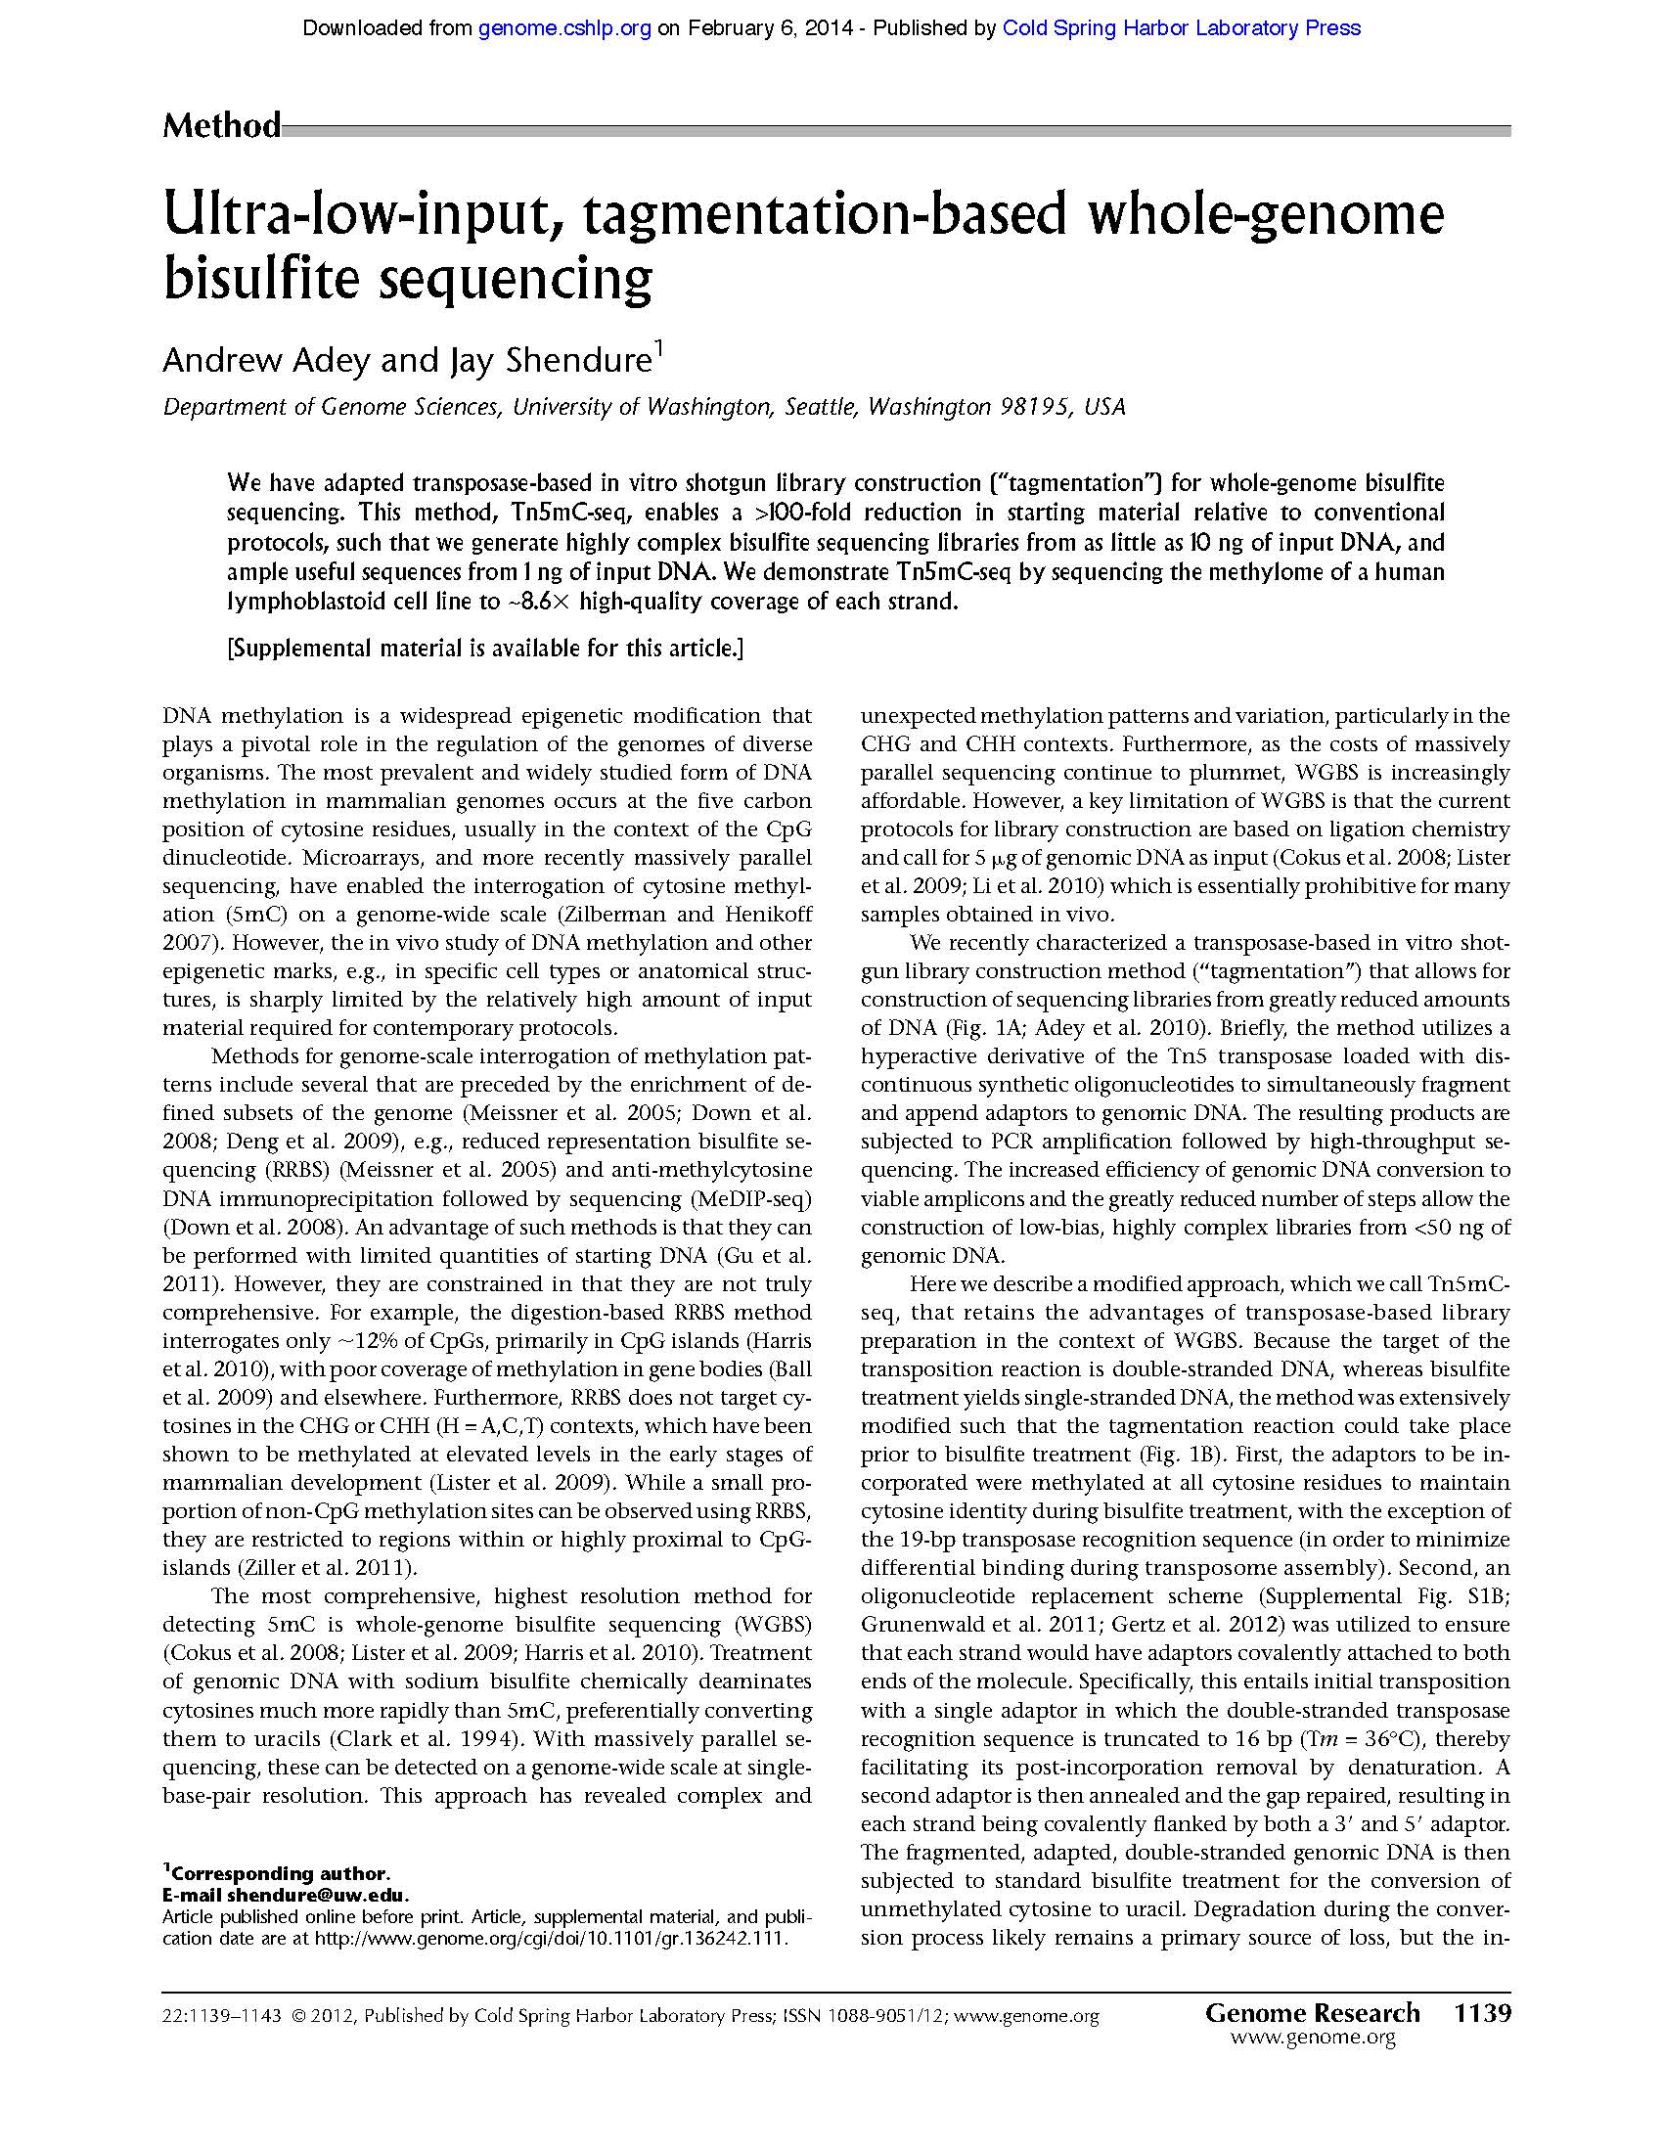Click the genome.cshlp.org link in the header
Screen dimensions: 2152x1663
coord(564,28)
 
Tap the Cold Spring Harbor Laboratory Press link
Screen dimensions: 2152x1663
coord(1181,28)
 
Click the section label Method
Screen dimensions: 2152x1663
coord(222,126)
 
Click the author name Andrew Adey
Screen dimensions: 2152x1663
coord(266,361)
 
